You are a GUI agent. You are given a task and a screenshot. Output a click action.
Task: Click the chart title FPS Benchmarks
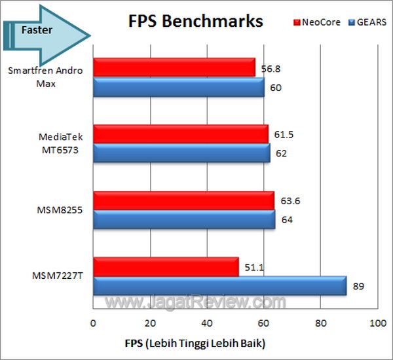[x=195, y=22]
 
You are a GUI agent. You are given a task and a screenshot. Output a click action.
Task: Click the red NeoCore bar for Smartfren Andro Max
[x=174, y=67]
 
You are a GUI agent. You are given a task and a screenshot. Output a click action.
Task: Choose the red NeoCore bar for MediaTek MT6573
[x=180, y=134]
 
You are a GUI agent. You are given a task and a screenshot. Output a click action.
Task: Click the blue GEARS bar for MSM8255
[x=183, y=219]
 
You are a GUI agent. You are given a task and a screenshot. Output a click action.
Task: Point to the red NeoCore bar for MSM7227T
[x=166, y=266]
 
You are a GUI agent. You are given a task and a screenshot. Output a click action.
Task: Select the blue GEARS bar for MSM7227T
[x=219, y=285]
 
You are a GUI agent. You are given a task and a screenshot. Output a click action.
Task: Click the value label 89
[x=358, y=286]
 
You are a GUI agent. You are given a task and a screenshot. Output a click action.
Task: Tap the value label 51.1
[x=253, y=266]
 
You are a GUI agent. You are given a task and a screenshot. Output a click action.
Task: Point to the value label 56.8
[x=269, y=67]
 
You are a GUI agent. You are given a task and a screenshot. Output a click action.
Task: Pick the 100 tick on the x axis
[x=377, y=324]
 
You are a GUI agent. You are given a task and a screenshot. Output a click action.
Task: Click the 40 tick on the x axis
[x=207, y=324]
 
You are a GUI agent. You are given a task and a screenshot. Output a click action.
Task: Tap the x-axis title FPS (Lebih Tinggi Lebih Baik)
[x=195, y=342]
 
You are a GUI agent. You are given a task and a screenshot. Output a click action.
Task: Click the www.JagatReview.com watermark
[x=196, y=302]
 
